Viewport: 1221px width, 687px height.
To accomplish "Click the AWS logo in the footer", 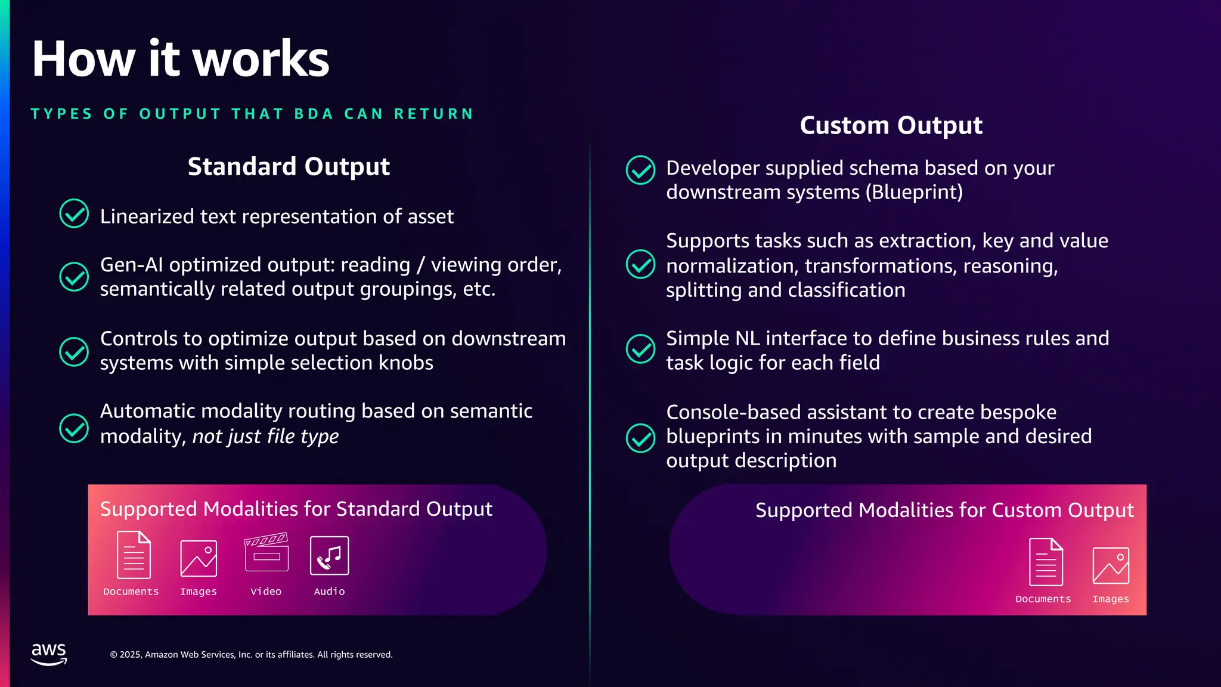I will tap(48, 654).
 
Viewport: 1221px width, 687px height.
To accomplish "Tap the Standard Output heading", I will tap(289, 166).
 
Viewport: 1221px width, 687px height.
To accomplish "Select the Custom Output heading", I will tap(891, 125).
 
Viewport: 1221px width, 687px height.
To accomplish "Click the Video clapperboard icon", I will tap(266, 552).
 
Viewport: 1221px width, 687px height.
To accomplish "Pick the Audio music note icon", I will tap(329, 556).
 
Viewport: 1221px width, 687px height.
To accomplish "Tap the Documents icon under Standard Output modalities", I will tap(134, 555).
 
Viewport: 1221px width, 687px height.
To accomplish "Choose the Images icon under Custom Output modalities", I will tap(1110, 565).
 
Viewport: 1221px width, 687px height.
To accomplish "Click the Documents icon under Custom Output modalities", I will tap(1046, 562).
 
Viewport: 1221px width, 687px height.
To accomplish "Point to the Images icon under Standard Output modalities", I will tap(199, 558).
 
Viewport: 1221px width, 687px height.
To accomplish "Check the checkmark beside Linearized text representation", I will tap(74, 213).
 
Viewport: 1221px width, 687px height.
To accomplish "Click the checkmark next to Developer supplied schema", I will tap(640, 171).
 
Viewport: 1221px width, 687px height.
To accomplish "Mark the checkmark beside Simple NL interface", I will tap(640, 349).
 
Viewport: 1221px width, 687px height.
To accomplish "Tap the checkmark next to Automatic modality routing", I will tap(74, 428).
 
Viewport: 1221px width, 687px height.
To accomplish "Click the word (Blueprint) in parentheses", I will tap(914, 193).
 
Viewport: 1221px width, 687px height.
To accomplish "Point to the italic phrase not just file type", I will tap(265, 437).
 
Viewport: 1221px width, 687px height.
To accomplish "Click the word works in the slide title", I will tap(261, 59).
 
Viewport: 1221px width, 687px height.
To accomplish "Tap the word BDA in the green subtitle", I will tap(314, 114).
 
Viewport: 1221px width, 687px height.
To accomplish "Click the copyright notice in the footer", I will tap(251, 655).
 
